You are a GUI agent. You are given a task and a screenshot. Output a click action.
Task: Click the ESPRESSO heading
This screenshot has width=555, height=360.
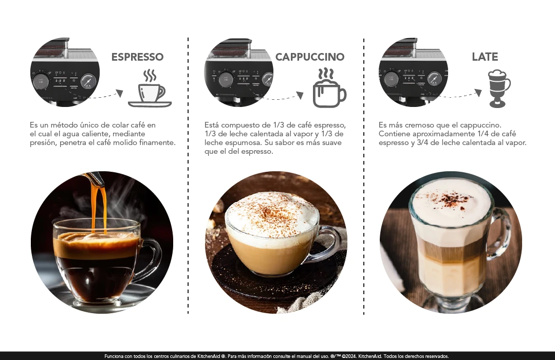click(137, 57)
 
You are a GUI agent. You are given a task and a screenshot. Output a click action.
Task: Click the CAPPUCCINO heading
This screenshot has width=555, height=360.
click(310, 57)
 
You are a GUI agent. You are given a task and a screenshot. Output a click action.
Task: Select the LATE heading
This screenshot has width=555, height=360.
click(485, 57)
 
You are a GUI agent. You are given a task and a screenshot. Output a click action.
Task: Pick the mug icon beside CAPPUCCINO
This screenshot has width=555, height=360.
click(329, 88)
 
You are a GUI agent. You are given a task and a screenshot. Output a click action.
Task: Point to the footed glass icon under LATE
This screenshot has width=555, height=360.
click(499, 88)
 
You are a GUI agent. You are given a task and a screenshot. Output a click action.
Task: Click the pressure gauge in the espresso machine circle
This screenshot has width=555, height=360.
click(88, 81)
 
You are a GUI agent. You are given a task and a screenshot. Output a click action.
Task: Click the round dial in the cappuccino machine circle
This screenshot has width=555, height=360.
click(226, 80)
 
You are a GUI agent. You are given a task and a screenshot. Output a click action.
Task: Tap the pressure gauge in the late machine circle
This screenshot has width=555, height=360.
click(434, 79)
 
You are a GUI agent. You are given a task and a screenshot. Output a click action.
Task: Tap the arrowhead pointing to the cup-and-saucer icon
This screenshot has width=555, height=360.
click(120, 93)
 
